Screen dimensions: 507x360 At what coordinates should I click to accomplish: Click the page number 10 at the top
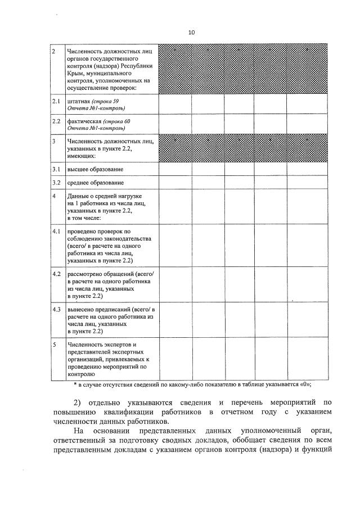point(191,33)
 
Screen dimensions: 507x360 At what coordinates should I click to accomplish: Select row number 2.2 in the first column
point(56,121)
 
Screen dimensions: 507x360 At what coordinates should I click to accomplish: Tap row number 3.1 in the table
point(56,169)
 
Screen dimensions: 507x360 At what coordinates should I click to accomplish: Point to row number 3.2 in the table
point(56,183)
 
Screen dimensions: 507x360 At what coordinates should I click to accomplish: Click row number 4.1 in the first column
point(56,231)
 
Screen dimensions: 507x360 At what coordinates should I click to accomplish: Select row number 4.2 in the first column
point(56,274)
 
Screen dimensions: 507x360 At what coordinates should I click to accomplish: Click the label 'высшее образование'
point(95,169)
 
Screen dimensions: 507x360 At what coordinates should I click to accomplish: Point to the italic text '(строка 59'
point(106,101)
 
